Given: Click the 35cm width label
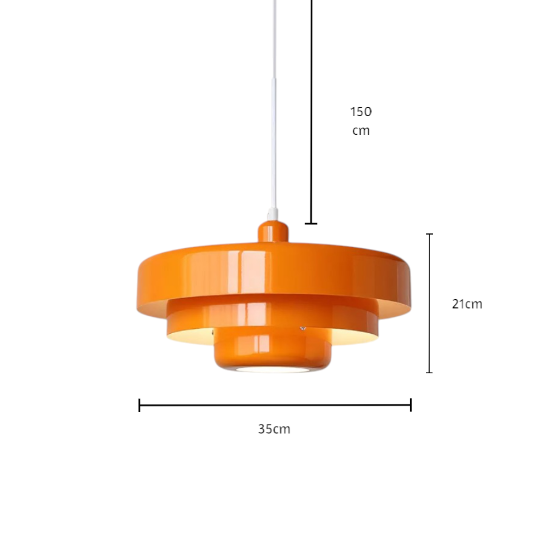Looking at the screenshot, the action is [x=274, y=429].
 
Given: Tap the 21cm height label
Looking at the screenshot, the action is [x=467, y=304].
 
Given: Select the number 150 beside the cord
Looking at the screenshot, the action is [x=361, y=112].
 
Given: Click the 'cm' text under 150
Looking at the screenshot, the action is [x=361, y=131].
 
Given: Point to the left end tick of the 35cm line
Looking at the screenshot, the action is [x=139, y=405].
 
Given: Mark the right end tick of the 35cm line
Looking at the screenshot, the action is [x=410, y=405].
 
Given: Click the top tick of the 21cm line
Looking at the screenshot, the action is [x=430, y=234].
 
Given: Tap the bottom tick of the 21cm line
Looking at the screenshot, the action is [x=430, y=373].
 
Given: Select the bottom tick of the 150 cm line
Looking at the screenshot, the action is [x=311, y=224].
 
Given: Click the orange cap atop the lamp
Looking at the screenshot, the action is [x=273, y=231].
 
